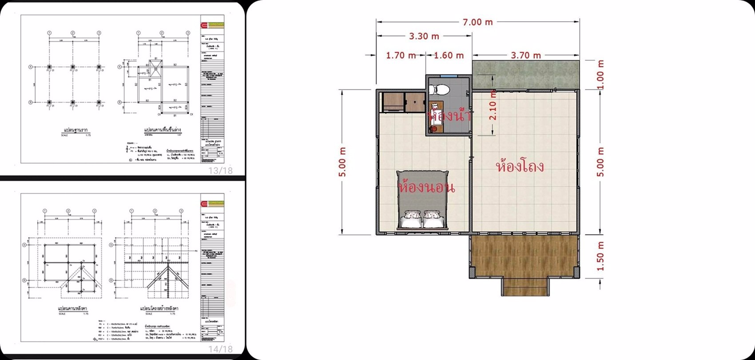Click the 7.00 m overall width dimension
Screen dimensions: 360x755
tap(478, 22)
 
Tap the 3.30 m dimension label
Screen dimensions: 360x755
tap(424, 36)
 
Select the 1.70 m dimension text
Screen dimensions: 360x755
tap(401, 55)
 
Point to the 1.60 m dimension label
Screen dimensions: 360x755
tap(448, 55)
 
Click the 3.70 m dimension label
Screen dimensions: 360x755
tap(526, 55)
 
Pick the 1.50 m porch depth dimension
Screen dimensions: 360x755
tap(600, 256)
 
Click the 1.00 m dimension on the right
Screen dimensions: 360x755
tap(600, 75)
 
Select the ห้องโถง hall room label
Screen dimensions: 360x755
tap(519, 167)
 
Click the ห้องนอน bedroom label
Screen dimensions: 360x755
tap(427, 187)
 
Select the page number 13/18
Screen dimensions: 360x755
tap(221, 170)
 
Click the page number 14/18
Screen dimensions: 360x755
tap(221, 350)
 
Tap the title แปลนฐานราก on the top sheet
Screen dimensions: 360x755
tap(75, 130)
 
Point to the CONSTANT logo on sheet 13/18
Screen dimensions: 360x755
tap(213, 25)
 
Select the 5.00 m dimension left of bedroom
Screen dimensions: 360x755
tap(342, 162)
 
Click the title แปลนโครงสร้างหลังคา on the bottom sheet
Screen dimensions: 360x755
tap(159, 308)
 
